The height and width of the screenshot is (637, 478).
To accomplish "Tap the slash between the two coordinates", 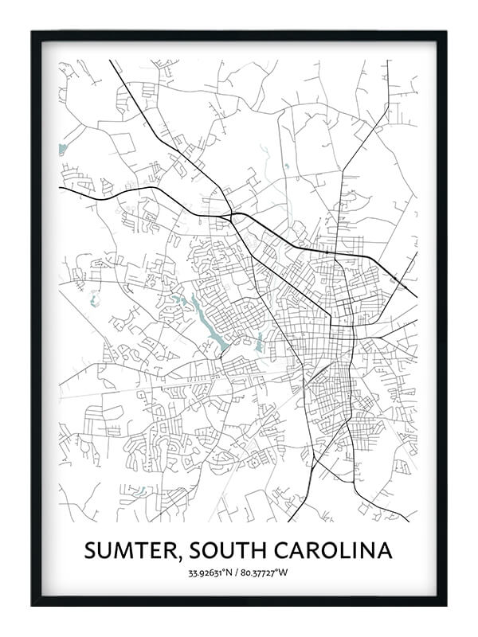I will (x=237, y=573).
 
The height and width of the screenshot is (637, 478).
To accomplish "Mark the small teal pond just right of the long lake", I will (x=259, y=345).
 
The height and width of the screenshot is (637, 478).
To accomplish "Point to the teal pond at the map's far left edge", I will (x=62, y=149).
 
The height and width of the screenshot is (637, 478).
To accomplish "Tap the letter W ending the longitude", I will (x=286, y=573).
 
